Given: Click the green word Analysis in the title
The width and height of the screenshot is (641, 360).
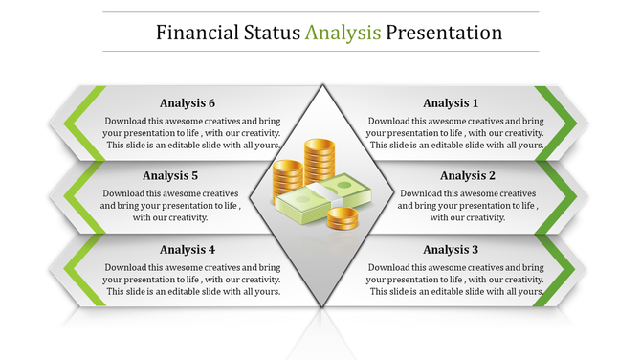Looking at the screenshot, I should [343, 33].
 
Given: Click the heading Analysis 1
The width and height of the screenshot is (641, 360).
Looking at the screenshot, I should [451, 103].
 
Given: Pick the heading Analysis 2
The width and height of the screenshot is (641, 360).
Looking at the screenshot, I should [468, 176].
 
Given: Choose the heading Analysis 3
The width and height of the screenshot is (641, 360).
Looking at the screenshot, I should [451, 250].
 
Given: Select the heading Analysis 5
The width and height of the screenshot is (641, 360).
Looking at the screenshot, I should [170, 176].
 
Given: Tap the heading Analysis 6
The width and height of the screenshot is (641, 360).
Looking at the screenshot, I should [188, 103].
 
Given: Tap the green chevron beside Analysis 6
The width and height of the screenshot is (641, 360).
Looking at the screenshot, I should [78, 122].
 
